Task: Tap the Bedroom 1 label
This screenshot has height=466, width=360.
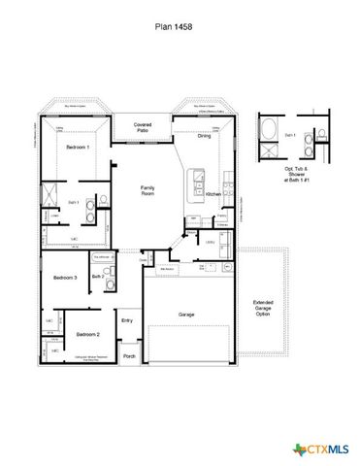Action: [x=78, y=147]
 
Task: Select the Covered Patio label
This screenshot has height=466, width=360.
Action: [x=142, y=127]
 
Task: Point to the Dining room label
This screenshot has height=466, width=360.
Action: [x=204, y=136]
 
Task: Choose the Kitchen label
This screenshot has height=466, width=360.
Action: [x=213, y=195]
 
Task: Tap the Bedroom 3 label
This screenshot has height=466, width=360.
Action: [x=65, y=278]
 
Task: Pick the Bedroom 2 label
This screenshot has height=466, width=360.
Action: [x=87, y=334]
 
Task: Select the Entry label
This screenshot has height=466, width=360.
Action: [x=127, y=319]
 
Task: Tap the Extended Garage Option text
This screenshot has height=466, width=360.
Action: [x=263, y=308]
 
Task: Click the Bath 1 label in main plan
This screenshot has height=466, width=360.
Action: [x=73, y=201]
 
